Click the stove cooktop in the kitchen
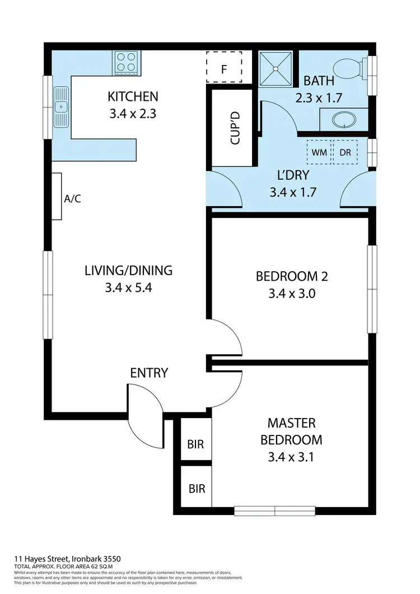pyautogui.click(x=127, y=62)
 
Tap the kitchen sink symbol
pyautogui.click(x=61, y=106)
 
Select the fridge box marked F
pyautogui.click(x=224, y=67)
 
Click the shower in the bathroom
pyautogui.click(x=276, y=68)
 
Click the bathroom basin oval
pyautogui.click(x=343, y=120)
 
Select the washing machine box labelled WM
pyautogui.click(x=319, y=152)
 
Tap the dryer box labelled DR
pyautogui.click(x=345, y=152)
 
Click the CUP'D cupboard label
pyautogui.click(x=235, y=128)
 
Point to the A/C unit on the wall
pyautogui.click(x=57, y=196)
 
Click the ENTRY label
pyautogui.click(x=149, y=373)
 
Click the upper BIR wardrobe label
pyautogui.click(x=195, y=444)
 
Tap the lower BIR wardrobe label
pyautogui.click(x=197, y=488)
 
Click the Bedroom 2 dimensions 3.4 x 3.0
pyautogui.click(x=291, y=293)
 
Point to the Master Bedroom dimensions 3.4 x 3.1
pyautogui.click(x=291, y=457)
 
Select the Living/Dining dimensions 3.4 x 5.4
pyautogui.click(x=128, y=288)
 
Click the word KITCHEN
pyautogui.click(x=133, y=97)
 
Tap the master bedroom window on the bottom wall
pyautogui.click(x=275, y=510)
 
